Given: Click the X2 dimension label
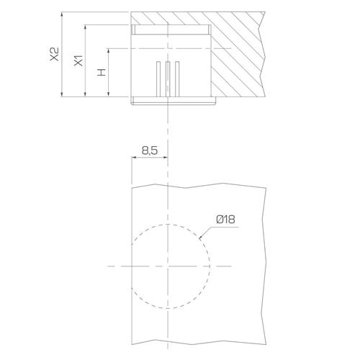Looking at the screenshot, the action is tap(54, 54).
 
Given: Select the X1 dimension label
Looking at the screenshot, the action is tap(78, 60).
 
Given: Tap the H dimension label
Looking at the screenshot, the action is tap(102, 72).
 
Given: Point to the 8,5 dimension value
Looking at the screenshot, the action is tap(150, 150).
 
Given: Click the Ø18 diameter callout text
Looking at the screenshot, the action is tap(225, 220).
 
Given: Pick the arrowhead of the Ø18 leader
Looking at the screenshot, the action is tap(201, 238).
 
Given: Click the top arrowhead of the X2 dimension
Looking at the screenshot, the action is tap(62, 14).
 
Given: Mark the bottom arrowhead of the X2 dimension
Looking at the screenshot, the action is tap(62, 94).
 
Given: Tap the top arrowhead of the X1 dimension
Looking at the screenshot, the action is tap(85, 27).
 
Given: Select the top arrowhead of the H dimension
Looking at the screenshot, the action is tap(109, 51).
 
